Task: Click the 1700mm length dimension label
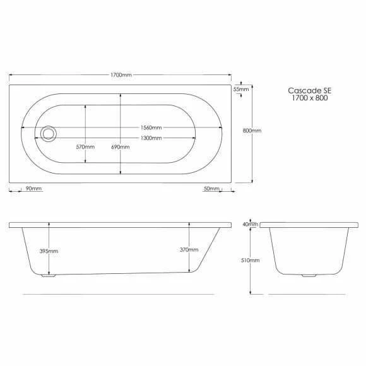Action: [121, 75]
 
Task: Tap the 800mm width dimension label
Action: [252, 131]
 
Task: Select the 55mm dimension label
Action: [241, 89]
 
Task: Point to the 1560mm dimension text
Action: [151, 127]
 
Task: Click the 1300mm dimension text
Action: [151, 138]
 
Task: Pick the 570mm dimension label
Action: [85, 147]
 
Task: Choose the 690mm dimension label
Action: [121, 147]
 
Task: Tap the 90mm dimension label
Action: [33, 189]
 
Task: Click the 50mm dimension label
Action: [211, 189]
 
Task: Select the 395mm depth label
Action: [49, 251]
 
